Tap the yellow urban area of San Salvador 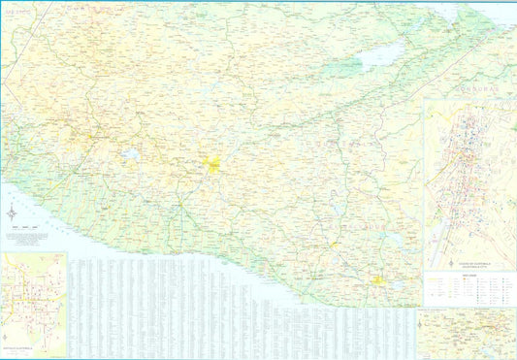378,281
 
